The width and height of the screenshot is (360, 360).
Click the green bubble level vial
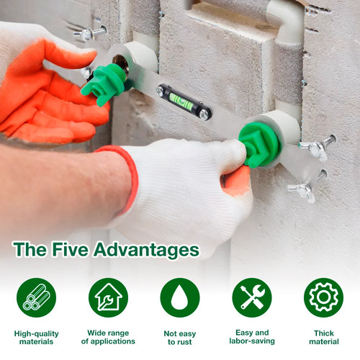pos(181,101)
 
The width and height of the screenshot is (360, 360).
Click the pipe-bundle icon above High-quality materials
pos(36,297)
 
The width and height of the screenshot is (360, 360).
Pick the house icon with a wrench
pos(108,297)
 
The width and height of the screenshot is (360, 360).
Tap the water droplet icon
pos(180,297)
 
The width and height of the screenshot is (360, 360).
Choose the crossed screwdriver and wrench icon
pos(252,297)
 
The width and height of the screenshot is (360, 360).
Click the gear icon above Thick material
pos(324,297)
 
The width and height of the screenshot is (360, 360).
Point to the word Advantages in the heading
pos(146,250)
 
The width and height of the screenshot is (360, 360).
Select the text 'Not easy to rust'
pos(180,338)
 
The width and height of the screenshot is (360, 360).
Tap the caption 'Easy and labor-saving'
pos(252,337)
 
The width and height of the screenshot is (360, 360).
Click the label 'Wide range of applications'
pos(108,337)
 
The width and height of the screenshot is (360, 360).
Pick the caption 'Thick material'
pos(324,337)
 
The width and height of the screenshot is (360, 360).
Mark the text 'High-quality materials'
pos(36,338)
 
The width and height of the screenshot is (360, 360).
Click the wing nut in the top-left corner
pos(89,33)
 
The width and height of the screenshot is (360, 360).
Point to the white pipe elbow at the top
pos(286,20)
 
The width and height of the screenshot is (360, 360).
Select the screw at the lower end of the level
pos(204,114)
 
